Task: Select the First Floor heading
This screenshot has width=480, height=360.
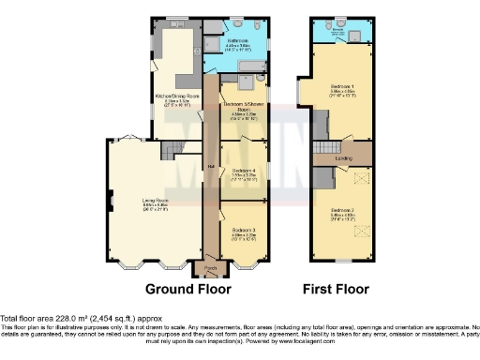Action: [342, 289]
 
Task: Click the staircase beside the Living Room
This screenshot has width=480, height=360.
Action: [171, 151]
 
